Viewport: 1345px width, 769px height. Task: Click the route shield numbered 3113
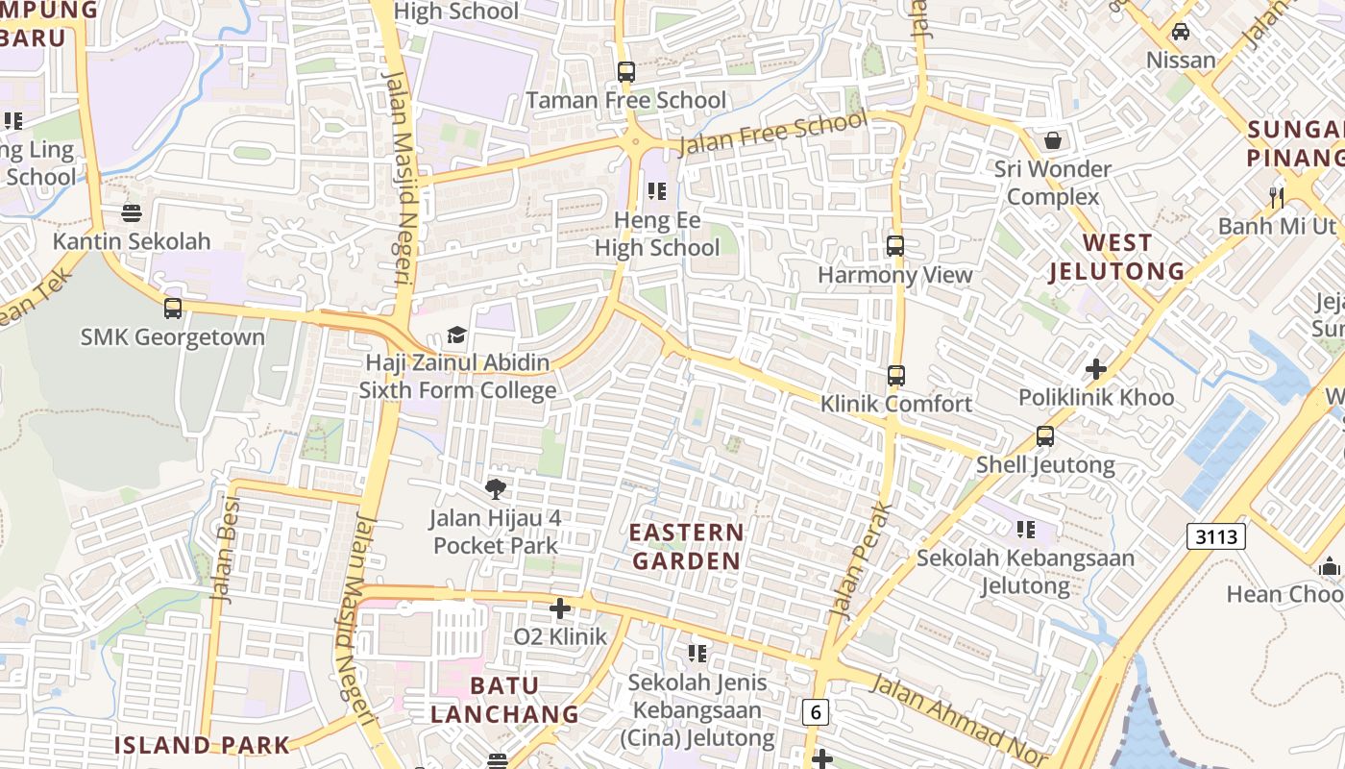[1216, 536]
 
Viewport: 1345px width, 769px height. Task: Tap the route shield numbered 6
[816, 712]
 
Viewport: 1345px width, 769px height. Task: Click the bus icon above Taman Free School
[626, 71]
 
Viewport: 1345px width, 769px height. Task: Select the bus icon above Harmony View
[895, 246]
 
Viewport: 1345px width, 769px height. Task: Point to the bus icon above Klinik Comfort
[895, 376]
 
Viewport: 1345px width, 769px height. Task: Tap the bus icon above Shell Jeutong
[1045, 436]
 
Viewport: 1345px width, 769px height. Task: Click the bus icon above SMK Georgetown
[173, 309]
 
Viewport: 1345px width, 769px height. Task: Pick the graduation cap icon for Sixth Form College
[457, 335]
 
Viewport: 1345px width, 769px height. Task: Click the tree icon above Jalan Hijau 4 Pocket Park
[496, 489]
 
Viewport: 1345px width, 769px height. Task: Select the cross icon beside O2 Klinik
[560, 608]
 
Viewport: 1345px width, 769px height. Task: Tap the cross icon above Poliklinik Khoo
[1095, 369]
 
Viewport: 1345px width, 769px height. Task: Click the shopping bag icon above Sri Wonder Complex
[1053, 140]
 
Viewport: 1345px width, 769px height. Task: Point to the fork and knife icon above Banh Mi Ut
[1277, 197]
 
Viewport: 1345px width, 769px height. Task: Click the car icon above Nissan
[1181, 31]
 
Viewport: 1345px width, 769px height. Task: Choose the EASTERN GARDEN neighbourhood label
[686, 546]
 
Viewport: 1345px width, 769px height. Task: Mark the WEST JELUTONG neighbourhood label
[1116, 257]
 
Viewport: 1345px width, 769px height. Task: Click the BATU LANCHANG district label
[504, 700]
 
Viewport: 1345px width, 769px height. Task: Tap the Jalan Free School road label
[772, 134]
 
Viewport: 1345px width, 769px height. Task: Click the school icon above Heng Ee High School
[657, 191]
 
